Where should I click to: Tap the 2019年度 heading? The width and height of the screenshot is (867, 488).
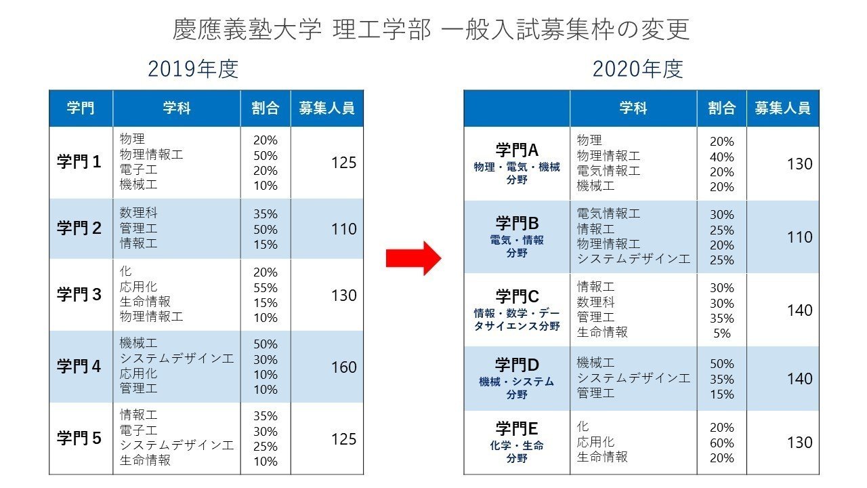(193, 69)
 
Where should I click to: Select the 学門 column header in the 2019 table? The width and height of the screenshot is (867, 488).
(81, 108)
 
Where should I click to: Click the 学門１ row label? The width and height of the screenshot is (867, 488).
(79, 163)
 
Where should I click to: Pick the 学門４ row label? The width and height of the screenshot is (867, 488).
(79, 367)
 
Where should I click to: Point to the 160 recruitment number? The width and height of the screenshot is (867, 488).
(343, 367)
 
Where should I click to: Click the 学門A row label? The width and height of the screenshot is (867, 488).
(517, 150)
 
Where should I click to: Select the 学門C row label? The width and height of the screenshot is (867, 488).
(517, 296)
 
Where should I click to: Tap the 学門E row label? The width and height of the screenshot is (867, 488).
(517, 428)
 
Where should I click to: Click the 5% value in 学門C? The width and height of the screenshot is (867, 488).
(722, 333)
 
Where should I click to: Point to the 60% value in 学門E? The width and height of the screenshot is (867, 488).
(722, 443)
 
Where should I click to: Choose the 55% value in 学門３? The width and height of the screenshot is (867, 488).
(266, 287)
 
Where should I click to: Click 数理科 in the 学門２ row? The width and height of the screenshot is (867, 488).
(139, 213)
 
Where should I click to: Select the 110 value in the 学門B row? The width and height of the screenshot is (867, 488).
(799, 237)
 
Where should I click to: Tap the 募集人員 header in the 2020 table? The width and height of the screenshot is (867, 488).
(782, 108)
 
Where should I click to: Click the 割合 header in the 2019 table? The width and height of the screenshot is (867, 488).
(265, 108)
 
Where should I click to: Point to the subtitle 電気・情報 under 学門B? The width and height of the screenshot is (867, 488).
(517, 240)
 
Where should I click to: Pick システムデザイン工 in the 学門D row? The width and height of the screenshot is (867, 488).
(633, 378)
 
